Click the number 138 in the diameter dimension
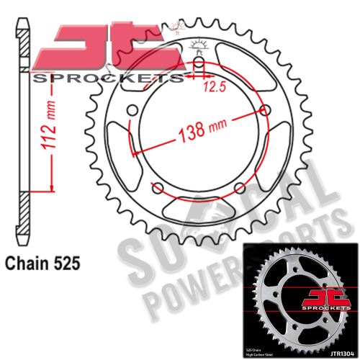[189, 131]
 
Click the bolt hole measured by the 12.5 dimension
[199, 68]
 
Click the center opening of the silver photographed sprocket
[296, 302]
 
